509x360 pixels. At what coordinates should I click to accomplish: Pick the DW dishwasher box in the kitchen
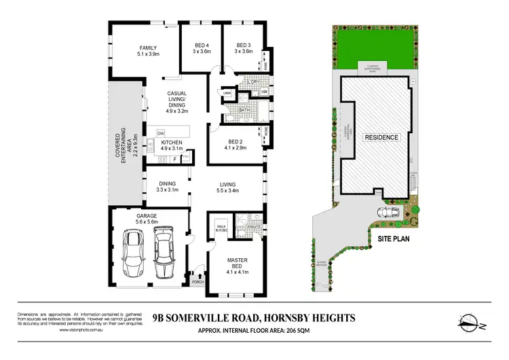[x=161, y=133]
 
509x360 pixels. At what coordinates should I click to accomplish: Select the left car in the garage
[x=133, y=255]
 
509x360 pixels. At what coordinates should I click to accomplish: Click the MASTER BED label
[x=238, y=268]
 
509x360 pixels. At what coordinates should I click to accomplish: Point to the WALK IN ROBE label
[x=219, y=229]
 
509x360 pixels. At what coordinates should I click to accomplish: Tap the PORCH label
[x=198, y=282]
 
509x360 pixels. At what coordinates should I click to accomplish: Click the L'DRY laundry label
[x=254, y=82]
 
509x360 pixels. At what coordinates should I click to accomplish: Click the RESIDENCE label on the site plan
[x=381, y=137]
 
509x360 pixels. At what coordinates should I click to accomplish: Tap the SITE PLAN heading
[x=394, y=239]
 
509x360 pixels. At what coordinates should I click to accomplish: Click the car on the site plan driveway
[x=392, y=211]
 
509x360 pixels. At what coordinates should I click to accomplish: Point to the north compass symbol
[x=470, y=321]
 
